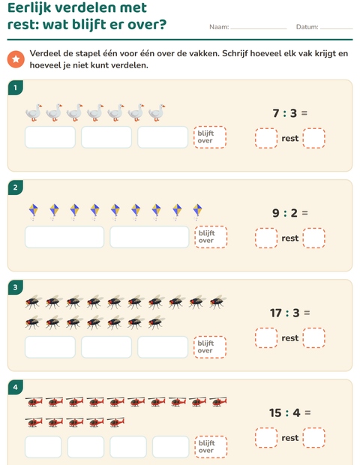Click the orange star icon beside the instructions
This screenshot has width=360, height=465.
point(16,59)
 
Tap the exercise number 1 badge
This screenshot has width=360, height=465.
point(16,88)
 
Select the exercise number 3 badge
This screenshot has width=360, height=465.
point(16,287)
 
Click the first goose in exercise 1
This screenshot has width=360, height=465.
point(34,112)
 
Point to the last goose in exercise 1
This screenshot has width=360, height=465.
point(157,112)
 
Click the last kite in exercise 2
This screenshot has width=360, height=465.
point(197,211)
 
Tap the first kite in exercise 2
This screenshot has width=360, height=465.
point(33,211)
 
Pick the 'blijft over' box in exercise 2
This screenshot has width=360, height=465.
point(211,237)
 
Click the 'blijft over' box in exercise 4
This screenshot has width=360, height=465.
point(211,446)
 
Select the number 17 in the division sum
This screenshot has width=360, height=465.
point(276,313)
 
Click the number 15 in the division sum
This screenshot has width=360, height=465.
point(275,412)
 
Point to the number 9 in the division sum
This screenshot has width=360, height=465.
point(276,213)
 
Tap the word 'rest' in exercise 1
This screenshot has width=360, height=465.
point(290,139)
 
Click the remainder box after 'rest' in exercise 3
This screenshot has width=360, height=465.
point(314,337)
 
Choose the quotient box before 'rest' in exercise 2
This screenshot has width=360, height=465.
point(266,238)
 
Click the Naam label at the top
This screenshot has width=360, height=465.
point(219,27)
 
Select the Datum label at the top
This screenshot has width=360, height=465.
point(307,27)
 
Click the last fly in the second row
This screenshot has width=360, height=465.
point(157,322)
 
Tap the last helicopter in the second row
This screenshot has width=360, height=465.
point(115,422)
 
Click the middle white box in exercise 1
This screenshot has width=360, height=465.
point(106,137)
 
